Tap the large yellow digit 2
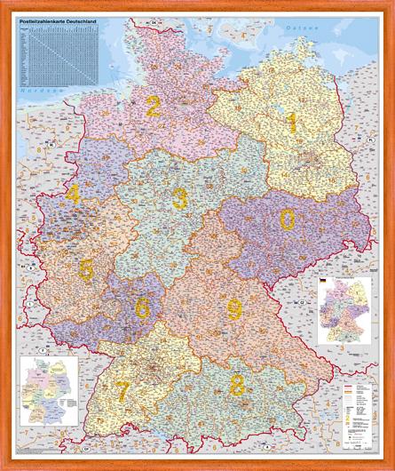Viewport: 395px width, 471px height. tap(154, 108)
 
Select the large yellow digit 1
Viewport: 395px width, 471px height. tap(290, 123)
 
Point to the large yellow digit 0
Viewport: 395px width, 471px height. tap(287, 219)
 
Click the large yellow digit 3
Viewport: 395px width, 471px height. tap(179, 197)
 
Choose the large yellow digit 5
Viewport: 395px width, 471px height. tap(86, 269)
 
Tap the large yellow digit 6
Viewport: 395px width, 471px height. tap(142, 307)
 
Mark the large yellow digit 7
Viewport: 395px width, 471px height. tap(122, 390)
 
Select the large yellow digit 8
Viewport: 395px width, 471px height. tap(237, 385)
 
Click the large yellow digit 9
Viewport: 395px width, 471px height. tap(234, 308)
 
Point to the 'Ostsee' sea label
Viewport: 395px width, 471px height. tap(296, 30)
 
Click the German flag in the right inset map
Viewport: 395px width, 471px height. tap(323, 283)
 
